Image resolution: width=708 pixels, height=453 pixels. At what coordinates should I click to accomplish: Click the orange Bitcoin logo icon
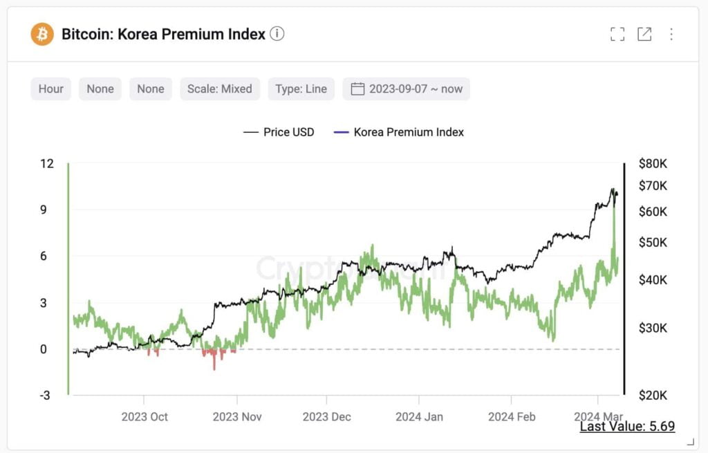coord(42,34)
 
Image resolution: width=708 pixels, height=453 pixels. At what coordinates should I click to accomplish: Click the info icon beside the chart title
coord(277,34)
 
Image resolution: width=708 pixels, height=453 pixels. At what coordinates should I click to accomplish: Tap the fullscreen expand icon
coord(617,34)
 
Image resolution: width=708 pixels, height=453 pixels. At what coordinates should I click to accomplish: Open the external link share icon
coord(644,34)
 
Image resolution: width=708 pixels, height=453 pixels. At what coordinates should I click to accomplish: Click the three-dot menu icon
coord(671,34)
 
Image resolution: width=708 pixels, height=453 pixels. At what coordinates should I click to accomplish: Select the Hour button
coord(51,89)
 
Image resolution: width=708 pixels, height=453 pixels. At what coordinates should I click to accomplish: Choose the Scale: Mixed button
coord(220,89)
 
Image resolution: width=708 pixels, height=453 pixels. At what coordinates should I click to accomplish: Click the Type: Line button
coord(301,89)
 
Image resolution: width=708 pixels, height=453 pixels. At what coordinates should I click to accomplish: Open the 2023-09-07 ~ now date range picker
coord(407,89)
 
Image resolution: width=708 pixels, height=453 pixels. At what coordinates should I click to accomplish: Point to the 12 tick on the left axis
coord(47,164)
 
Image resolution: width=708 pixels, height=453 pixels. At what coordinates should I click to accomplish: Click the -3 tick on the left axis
coord(45,396)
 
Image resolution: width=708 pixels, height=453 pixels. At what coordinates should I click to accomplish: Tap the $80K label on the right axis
coord(653,164)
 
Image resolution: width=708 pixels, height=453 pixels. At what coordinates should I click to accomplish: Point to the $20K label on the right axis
coord(653,396)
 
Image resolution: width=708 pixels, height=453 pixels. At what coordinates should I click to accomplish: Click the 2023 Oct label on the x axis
coord(145,417)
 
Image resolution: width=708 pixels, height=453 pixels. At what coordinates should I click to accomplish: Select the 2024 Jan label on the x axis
coord(419,417)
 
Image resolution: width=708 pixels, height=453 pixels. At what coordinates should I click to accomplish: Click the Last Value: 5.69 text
coord(627,427)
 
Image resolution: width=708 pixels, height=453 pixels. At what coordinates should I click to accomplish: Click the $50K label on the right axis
coord(653,243)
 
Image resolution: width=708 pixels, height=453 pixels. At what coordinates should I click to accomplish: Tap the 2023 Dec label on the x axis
coord(327,417)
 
